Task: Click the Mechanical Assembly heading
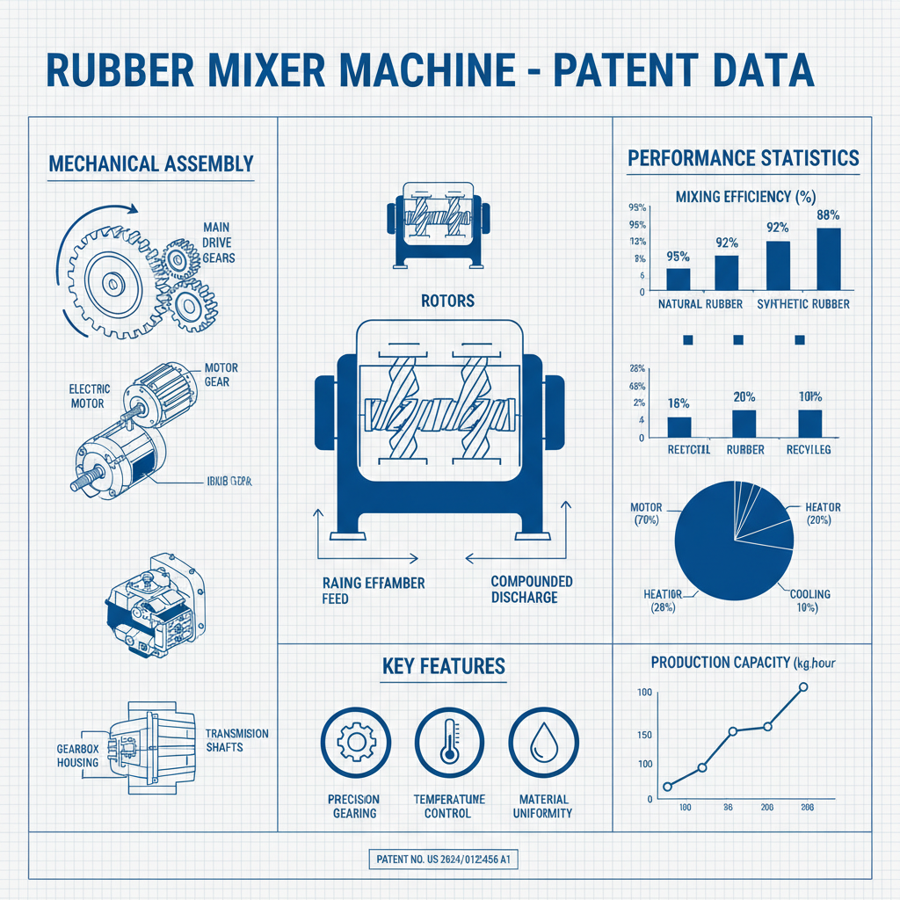tap(151, 163)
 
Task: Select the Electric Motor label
tap(87, 396)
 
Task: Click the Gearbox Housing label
tap(77, 755)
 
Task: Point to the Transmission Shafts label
tap(236, 740)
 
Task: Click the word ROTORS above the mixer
tap(448, 301)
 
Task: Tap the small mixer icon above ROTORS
tap(437, 223)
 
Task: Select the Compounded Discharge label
tap(532, 589)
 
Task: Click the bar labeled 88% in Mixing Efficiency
tap(829, 258)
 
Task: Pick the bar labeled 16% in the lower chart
tap(679, 426)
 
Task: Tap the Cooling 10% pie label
tap(809, 601)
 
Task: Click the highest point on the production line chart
tap(802, 686)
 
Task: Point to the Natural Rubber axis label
tap(693, 304)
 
